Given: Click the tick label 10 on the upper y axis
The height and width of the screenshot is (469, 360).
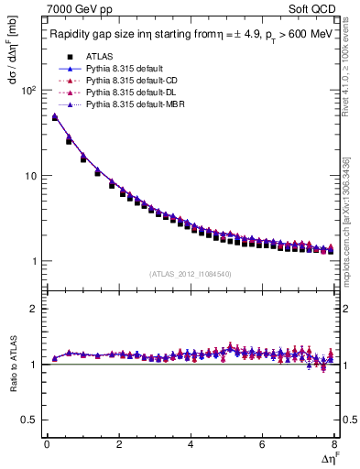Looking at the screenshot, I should point(31,176).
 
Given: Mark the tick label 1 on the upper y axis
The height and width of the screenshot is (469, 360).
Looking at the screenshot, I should point(34,261).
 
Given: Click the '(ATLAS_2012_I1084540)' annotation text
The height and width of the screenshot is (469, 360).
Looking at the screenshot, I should point(191,272).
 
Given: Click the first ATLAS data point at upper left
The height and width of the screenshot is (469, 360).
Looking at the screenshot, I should point(55,117).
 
